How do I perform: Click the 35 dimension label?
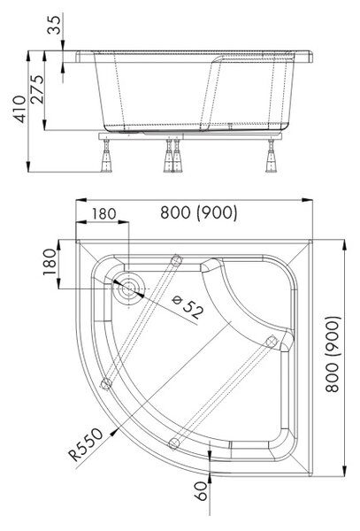[55, 25]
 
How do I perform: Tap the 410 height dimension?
[19, 109]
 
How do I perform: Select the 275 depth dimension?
[37, 89]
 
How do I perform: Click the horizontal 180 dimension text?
[104, 213]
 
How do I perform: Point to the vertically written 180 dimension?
[50, 262]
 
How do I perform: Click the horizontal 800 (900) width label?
[199, 212]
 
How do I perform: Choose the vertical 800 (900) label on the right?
[332, 354]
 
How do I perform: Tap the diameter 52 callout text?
[188, 307]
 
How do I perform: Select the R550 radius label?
[86, 444]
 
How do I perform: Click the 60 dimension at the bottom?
[201, 491]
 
